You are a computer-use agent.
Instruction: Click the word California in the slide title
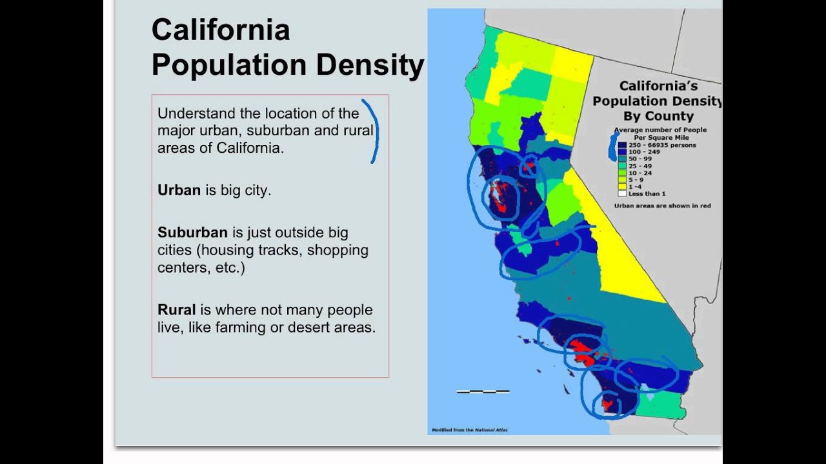point(220,30)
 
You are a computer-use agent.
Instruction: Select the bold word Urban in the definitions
point(179,191)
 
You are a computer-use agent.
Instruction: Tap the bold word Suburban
point(192,232)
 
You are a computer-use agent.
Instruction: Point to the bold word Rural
point(176,310)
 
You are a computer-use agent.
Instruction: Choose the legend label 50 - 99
point(640,159)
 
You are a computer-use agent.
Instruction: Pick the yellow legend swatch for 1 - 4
point(622,187)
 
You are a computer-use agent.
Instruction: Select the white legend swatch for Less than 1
point(622,193)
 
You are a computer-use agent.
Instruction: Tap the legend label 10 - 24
point(640,173)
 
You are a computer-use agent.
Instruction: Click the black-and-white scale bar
point(483,391)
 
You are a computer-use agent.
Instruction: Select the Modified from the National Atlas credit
point(469,430)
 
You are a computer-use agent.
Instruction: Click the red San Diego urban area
point(608,405)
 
